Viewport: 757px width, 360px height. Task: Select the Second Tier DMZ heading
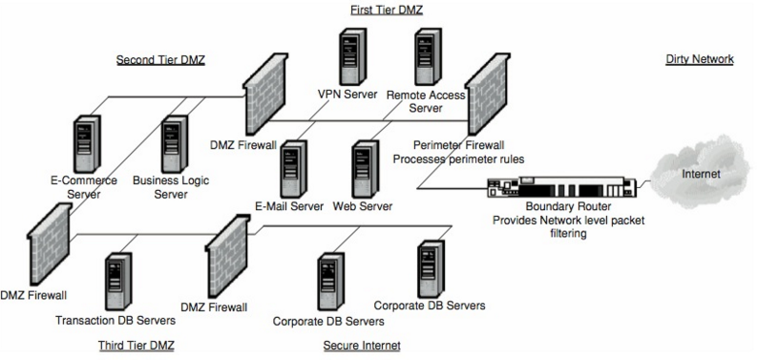click(160, 59)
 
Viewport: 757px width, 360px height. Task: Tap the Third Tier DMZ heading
click(136, 344)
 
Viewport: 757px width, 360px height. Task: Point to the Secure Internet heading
click(361, 345)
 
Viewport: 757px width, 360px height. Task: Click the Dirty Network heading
click(699, 59)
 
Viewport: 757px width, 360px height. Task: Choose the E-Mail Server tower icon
click(292, 167)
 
